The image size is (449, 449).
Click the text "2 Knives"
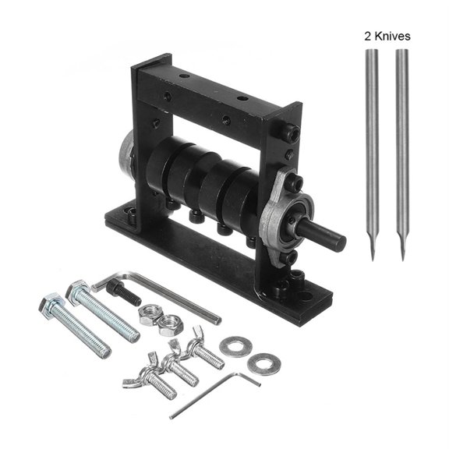coord(387,36)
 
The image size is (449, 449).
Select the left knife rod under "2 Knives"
coord(372,148)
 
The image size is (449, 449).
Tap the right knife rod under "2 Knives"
coord(402,148)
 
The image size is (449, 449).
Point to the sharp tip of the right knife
coord(403,257)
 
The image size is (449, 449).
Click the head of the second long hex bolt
coord(77,292)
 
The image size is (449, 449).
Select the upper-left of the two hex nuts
coord(146,313)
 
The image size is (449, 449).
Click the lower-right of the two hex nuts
coord(165,322)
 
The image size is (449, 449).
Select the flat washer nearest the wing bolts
coord(232,345)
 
